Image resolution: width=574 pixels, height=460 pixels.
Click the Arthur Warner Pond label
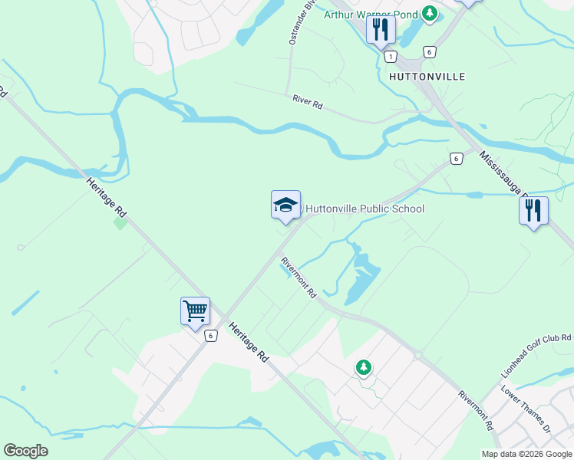371,14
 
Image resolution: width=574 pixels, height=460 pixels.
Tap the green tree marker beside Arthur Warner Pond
430,13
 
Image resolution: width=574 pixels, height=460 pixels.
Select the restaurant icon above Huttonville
381,31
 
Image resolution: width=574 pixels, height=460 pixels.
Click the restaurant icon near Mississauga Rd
533,210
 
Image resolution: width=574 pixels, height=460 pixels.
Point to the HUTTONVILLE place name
427,77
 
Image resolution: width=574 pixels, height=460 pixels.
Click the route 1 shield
391,57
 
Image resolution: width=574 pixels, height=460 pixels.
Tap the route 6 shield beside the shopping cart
210,336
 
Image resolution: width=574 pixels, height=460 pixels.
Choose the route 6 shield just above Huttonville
429,51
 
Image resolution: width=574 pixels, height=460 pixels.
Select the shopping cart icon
196,311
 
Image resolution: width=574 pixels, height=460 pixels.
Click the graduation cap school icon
285,205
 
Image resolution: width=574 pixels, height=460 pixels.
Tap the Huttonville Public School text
365,209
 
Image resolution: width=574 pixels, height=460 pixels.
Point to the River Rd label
308,102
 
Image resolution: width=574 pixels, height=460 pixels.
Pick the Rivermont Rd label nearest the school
299,277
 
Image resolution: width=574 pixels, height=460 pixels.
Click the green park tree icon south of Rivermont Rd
363,367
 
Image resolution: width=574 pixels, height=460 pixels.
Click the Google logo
25,451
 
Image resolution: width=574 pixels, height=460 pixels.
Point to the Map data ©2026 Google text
526,454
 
